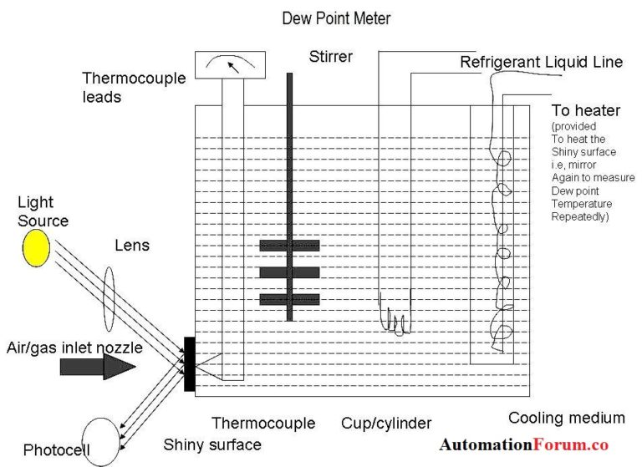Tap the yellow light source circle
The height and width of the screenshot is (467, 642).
[37, 247]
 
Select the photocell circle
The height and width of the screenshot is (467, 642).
[95, 440]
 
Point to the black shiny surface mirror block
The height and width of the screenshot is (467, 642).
[190, 363]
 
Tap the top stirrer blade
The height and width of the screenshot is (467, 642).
[289, 246]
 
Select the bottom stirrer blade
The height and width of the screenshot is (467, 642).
[289, 299]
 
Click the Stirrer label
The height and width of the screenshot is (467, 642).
[329, 57]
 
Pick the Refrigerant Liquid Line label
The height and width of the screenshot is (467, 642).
[541, 63]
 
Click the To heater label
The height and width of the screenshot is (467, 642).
[585, 111]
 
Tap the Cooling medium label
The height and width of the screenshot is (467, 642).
[566, 418]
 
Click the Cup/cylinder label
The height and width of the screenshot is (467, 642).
[386, 423]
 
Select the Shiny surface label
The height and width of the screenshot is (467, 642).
[212, 444]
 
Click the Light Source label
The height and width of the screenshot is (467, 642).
[43, 211]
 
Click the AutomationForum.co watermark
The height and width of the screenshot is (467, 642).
[524, 445]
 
